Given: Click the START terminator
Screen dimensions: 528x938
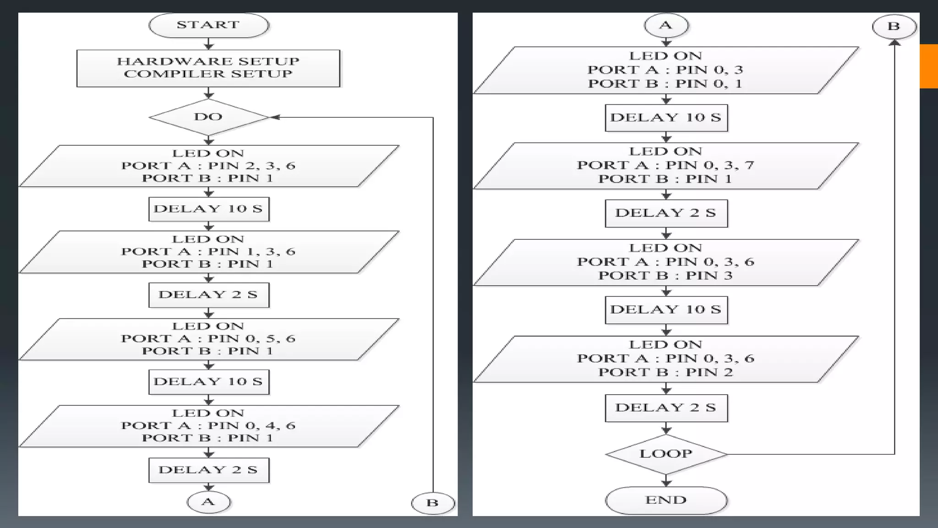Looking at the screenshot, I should [x=208, y=25].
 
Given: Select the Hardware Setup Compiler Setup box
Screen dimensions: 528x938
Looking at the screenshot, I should [x=208, y=68].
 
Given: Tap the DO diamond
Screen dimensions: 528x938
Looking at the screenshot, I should [x=208, y=117].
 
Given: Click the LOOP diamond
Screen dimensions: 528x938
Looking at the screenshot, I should [x=666, y=454].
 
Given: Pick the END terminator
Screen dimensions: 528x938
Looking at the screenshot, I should [x=666, y=500].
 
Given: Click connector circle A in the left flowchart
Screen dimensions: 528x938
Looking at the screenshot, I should [x=208, y=502].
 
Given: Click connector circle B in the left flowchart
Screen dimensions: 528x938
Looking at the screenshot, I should [x=432, y=503].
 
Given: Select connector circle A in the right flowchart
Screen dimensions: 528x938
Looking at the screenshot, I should [x=666, y=25].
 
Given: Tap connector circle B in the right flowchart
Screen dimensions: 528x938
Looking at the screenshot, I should [x=894, y=26].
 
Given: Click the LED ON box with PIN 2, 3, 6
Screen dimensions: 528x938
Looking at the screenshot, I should [x=208, y=166].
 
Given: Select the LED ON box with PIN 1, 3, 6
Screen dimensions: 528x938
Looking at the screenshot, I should [x=208, y=252].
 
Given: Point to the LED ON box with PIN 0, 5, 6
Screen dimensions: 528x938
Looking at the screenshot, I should [x=208, y=339].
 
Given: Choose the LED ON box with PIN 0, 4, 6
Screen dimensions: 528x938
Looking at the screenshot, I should [x=208, y=426].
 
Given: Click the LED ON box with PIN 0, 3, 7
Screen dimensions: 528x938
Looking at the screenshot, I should [x=666, y=165].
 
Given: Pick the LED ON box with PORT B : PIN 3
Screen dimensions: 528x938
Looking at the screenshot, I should [x=666, y=262].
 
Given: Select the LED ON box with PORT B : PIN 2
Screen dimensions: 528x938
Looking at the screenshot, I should [x=666, y=359].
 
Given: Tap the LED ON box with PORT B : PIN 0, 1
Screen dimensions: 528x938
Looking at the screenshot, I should [x=666, y=70].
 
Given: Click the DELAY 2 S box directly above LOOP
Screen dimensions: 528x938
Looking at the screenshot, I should [x=666, y=407].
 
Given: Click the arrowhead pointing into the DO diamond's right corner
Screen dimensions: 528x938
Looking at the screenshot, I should [x=275, y=117].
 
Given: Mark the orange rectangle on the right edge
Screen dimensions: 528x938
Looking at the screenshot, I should [x=928, y=66].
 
